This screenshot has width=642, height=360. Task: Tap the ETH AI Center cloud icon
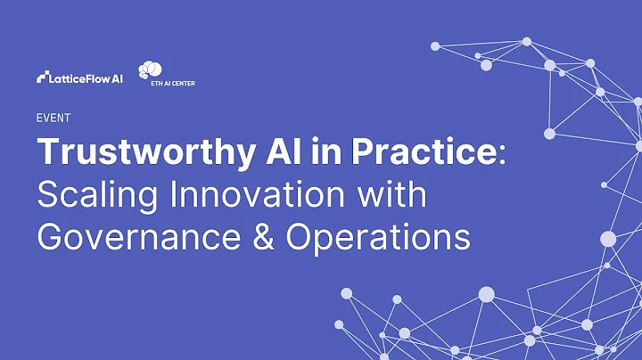click(x=151, y=70)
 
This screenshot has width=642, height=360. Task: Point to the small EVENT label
click(x=53, y=118)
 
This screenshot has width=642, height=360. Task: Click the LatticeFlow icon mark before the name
click(x=44, y=78)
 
